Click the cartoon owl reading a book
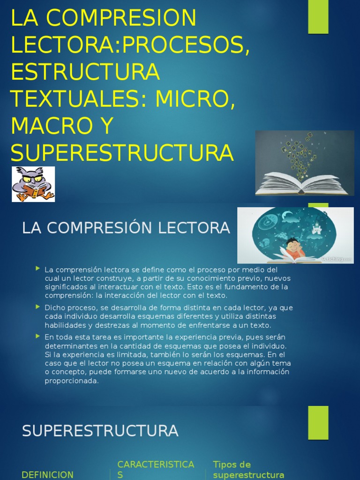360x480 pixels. click(33, 184)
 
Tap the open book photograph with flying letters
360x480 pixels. click(304, 163)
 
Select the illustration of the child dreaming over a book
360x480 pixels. click(295, 235)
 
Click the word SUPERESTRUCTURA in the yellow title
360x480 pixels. click(122, 152)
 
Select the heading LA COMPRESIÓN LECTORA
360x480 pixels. click(126, 228)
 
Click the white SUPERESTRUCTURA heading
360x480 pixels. click(100, 431)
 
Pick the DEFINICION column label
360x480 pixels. click(47, 474)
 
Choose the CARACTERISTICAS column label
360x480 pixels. click(155, 469)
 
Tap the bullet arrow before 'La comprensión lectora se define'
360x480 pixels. click(37, 269)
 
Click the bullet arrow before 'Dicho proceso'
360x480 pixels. click(37, 307)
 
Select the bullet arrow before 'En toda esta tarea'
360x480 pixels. click(37, 336)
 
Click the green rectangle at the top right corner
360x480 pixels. click(318, 16)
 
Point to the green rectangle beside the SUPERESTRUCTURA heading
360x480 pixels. click(318, 422)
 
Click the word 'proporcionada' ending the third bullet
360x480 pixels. click(72, 381)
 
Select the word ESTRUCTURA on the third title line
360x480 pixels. click(85, 72)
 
